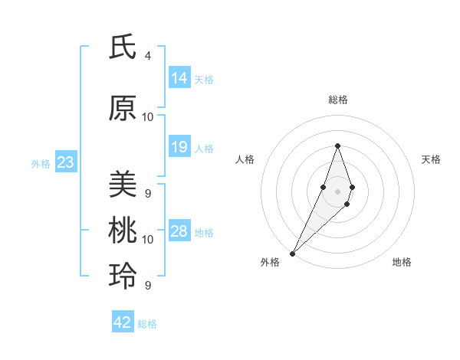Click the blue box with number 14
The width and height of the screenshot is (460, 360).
pos(179,78)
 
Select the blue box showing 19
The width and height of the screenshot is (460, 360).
pos(179,147)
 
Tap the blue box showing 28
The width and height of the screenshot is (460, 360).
pos(179,231)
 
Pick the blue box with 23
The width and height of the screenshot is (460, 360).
pos(65,162)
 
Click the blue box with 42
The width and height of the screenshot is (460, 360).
pos(123,322)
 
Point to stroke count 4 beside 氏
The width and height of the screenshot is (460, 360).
pos(148,56)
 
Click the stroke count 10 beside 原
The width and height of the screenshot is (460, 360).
pos(148,117)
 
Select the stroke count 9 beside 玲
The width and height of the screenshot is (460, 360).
pos(148,286)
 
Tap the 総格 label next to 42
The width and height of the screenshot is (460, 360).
pos(147,324)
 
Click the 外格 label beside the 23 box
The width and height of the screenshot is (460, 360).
pos(40,163)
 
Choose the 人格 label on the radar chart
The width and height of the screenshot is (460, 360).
pos(245,159)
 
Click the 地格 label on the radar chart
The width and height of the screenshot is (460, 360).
pos(402,262)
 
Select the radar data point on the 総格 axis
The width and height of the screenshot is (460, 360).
pos(337,146)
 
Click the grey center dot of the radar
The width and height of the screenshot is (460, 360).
pos(337,191)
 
